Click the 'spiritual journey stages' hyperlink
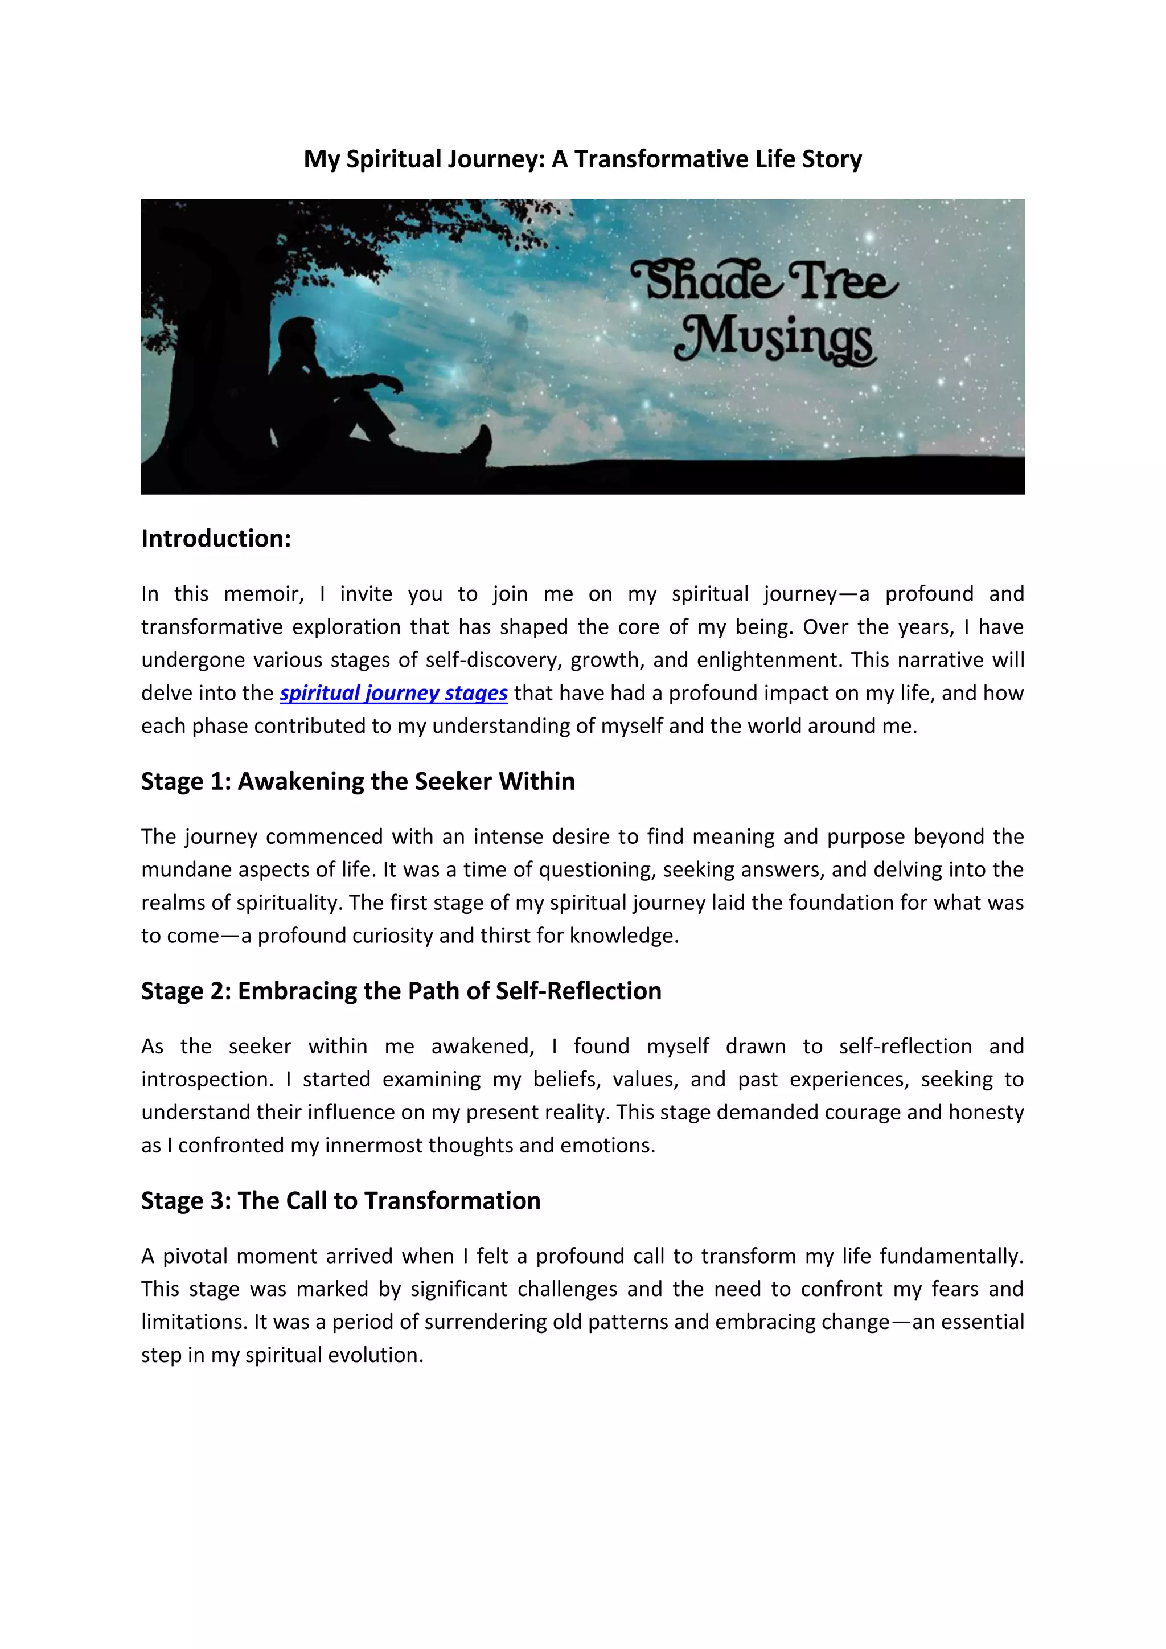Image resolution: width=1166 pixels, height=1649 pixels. [x=393, y=693]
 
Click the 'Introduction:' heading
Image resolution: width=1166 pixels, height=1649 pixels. [x=216, y=539]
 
